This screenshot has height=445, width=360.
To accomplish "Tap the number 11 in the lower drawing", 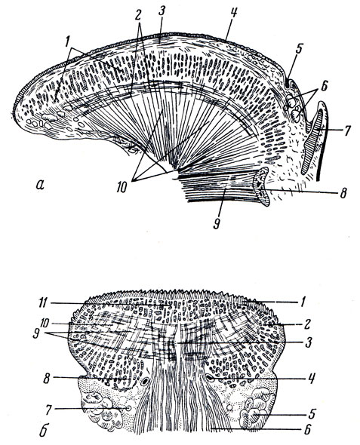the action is pos(43,302).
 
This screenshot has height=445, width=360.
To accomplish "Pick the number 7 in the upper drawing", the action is pos(347,130).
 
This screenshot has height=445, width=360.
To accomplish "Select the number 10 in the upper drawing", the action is pos(122,188).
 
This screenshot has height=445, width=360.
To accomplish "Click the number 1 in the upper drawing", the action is pos(66,42).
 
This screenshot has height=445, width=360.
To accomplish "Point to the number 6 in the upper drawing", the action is pos(325,86).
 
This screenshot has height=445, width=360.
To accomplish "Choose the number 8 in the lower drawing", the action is pos(47,379).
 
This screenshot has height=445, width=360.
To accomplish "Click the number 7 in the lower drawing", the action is pos(49,409).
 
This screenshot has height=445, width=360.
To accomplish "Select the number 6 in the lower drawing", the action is pos(307,428).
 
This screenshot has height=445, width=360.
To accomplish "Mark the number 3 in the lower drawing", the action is pos(309,342).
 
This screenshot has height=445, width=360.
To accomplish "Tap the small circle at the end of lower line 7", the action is pos(128,408).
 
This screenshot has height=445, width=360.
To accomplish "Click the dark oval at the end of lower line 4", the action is pos(211,378).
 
